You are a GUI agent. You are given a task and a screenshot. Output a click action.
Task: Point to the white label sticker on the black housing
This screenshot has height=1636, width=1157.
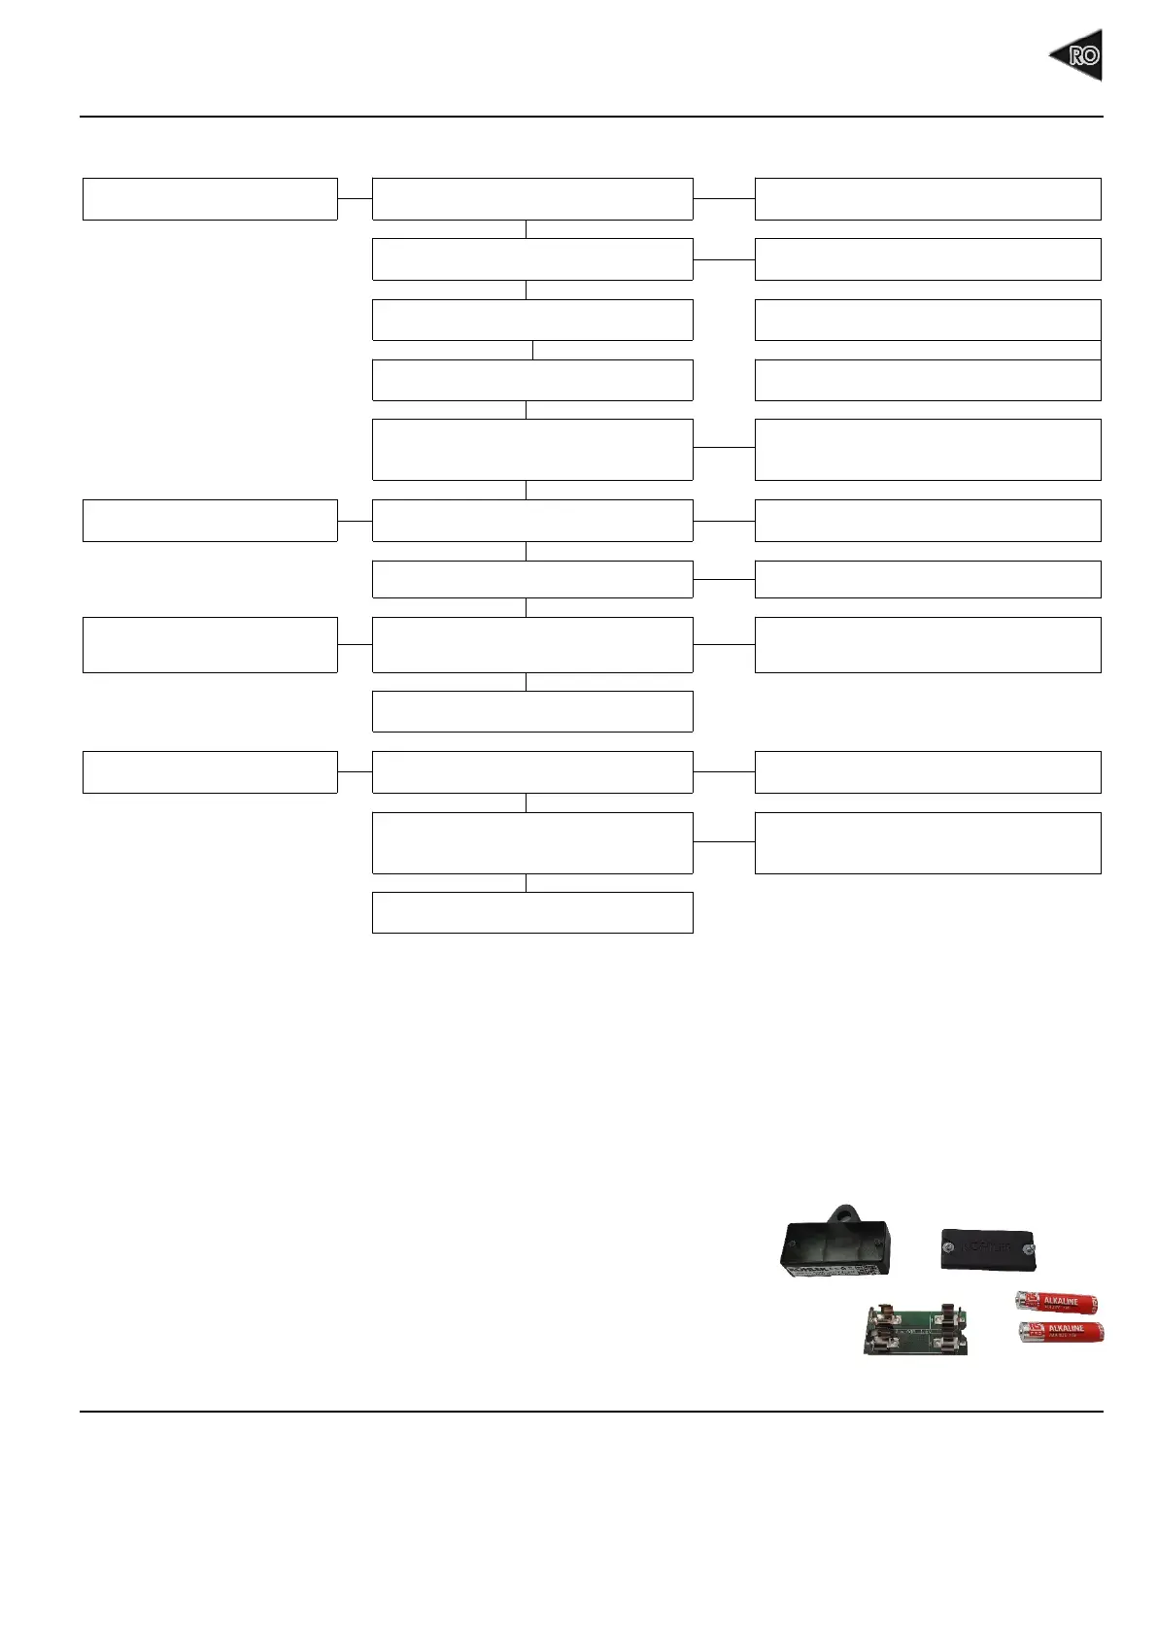tap(816, 1267)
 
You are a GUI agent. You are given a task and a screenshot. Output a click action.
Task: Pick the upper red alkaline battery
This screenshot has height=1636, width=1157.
tap(1056, 1302)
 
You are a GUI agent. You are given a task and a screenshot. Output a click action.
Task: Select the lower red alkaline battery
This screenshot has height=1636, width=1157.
tap(1061, 1332)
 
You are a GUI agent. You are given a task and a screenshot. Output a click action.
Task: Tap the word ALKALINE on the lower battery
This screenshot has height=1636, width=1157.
tap(1066, 1328)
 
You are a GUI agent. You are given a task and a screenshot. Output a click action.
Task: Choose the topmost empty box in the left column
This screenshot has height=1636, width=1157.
tap(210, 199)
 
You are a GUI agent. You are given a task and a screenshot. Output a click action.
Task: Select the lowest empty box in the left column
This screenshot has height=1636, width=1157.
tap(210, 772)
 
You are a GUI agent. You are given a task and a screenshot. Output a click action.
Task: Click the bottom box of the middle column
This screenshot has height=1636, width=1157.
tap(532, 912)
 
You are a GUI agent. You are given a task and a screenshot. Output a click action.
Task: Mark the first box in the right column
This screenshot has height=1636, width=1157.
tap(928, 199)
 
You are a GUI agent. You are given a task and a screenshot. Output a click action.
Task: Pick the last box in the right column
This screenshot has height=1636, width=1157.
tap(928, 843)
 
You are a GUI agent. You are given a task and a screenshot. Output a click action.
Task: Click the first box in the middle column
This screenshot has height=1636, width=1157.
tap(532, 199)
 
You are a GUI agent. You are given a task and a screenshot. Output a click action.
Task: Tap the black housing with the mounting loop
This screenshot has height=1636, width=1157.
tap(834, 1247)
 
